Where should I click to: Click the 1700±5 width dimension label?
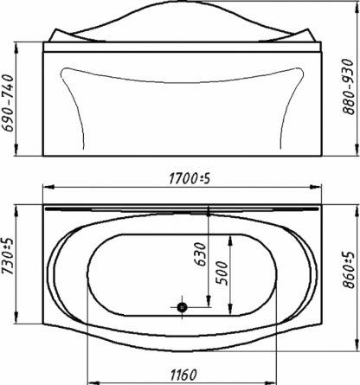(190, 179)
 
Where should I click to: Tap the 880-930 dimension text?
(348, 87)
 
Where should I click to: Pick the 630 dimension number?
(200, 254)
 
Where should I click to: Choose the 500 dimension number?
(222, 273)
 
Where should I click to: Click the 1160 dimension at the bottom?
(183, 375)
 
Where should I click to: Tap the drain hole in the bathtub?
(182, 307)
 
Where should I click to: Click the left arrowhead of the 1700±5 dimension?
(48, 187)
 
